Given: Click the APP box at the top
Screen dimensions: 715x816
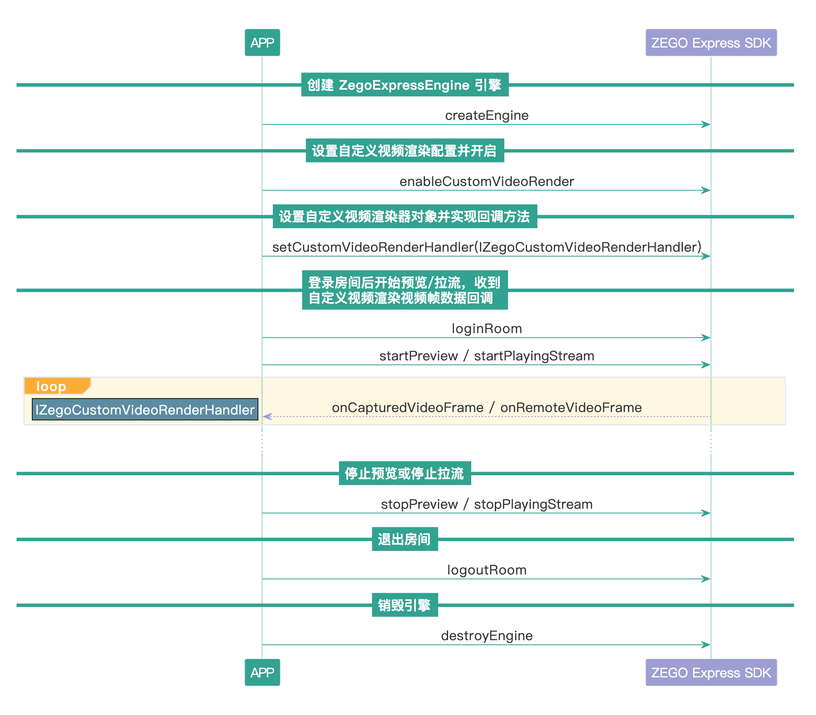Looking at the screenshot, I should tap(262, 43).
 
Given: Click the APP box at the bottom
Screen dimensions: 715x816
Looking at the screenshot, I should tap(262, 672).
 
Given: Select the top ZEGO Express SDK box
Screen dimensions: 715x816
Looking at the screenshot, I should tap(711, 43).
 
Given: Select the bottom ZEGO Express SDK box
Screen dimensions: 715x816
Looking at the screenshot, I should tap(711, 672).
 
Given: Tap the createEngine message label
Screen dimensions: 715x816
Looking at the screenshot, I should tap(487, 115).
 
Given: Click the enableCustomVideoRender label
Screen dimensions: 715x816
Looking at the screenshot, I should tap(487, 181).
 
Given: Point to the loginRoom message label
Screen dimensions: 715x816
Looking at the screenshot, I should tap(487, 329).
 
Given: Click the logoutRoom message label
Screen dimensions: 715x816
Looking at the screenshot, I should tap(487, 570).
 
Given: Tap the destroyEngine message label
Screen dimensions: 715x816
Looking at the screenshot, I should tap(487, 636).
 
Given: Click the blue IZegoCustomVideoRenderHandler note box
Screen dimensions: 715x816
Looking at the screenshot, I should tap(145, 410).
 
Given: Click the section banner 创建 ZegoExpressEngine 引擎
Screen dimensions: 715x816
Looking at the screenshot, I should tap(405, 85).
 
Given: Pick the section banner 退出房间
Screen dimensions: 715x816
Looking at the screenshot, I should tap(405, 539).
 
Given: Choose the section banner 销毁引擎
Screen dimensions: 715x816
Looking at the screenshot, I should tap(405, 605).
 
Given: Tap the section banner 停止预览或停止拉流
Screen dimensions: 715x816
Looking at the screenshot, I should tap(405, 473).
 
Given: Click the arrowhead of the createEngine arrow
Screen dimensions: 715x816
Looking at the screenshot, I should tap(706, 124).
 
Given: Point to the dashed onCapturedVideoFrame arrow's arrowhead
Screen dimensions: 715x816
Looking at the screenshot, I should tap(267, 416).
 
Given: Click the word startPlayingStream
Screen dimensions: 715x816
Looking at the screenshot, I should tap(534, 356).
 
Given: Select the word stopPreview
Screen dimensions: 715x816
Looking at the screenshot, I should tap(419, 504).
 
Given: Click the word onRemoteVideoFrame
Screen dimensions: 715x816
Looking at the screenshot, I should tap(571, 408).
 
